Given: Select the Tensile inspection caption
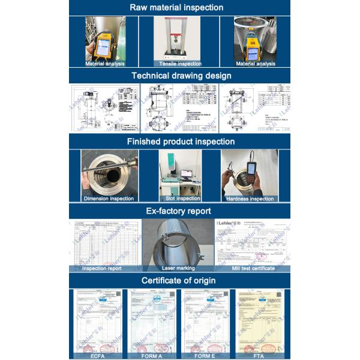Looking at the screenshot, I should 180,64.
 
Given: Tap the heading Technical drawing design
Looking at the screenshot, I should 180,76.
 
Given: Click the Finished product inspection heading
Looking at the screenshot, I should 180,142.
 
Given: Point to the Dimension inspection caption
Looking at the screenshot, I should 109,199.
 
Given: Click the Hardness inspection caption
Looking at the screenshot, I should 250,199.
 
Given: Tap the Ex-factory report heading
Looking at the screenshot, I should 180,211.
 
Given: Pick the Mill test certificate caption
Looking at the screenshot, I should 253,268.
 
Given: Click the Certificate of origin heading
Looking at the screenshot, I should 180,280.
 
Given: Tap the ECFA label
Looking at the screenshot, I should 97,356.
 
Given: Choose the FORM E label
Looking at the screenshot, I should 206,356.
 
